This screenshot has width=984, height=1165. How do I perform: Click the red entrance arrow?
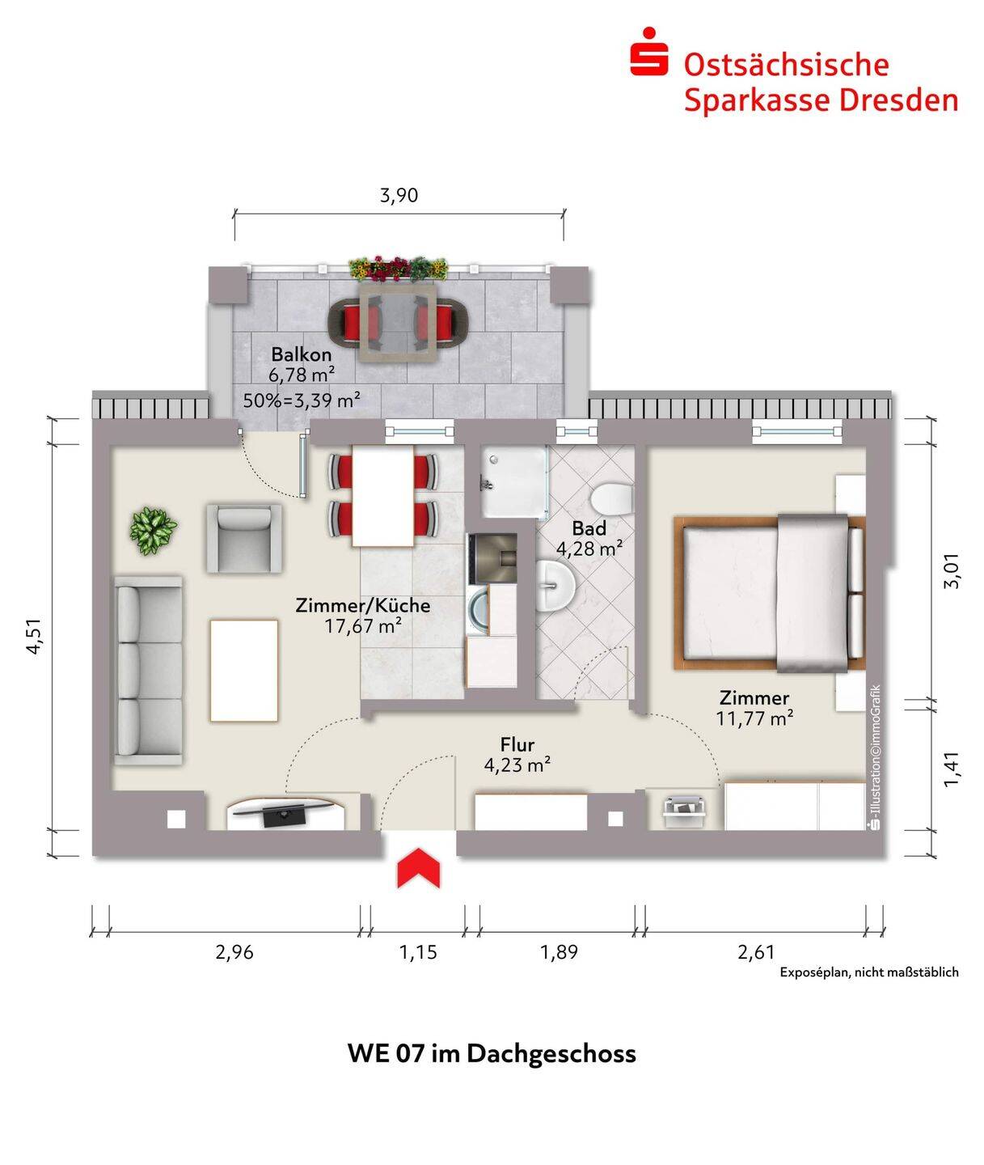coord(418,868)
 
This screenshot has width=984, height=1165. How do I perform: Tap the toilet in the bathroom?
coord(610,497)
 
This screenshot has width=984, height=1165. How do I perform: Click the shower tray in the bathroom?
coord(513,482)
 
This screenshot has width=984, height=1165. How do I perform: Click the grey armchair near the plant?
coord(244,538)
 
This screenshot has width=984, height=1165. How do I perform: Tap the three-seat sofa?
coord(148,670)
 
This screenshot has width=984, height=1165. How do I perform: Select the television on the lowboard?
coord(284,811)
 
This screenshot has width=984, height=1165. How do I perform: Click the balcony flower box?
coord(398,268)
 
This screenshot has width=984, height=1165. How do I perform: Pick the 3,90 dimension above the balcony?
coord(399,196)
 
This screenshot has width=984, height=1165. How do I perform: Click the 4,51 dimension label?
coord(34,637)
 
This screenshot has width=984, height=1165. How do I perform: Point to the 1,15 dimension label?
coord(418,952)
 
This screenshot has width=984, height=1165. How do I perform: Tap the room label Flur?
coord(517,744)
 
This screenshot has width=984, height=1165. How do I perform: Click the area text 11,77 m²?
coord(754,718)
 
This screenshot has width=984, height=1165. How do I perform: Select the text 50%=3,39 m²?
coord(301,399)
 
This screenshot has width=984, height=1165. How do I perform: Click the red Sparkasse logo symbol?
coord(649,53)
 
